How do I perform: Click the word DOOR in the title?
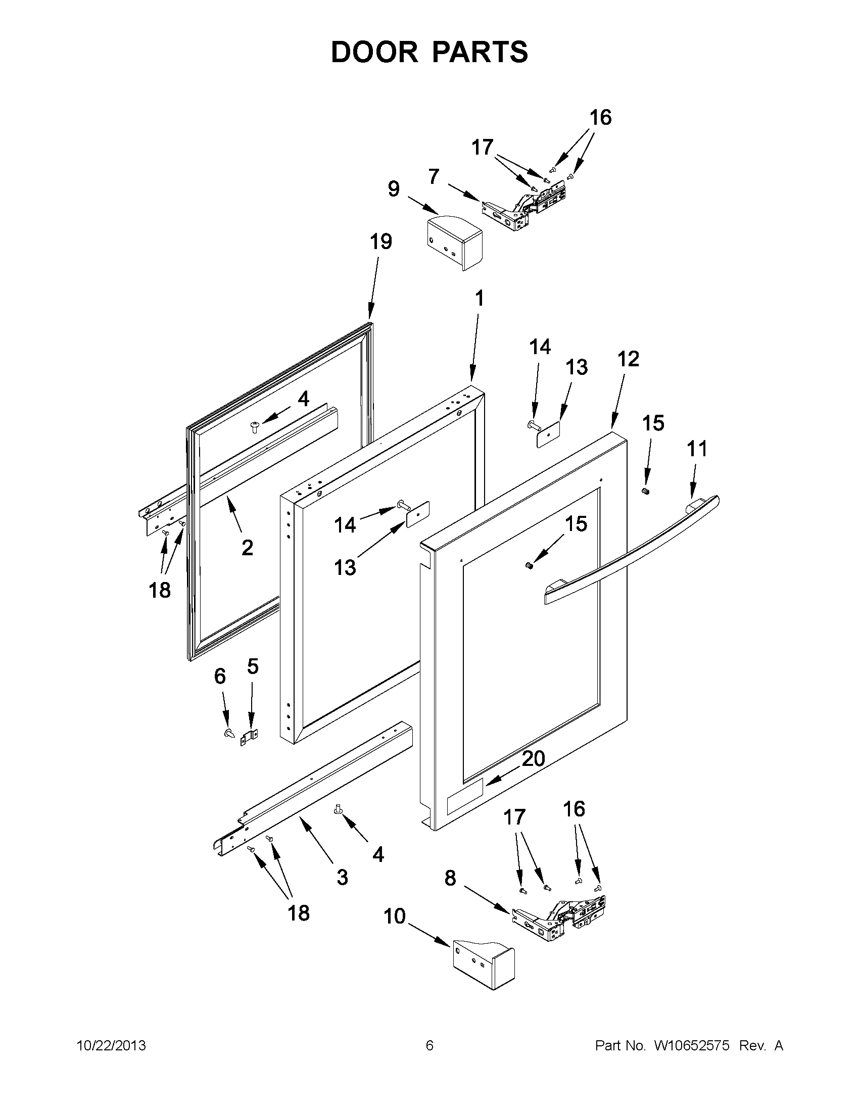(x=374, y=52)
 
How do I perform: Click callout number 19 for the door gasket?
(x=381, y=242)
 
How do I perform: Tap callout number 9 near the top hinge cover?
(x=393, y=189)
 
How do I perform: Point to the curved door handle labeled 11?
(x=632, y=550)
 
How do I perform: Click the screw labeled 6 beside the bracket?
(x=228, y=734)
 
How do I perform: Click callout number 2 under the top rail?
(x=247, y=548)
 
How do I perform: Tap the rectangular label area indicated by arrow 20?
(x=464, y=804)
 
